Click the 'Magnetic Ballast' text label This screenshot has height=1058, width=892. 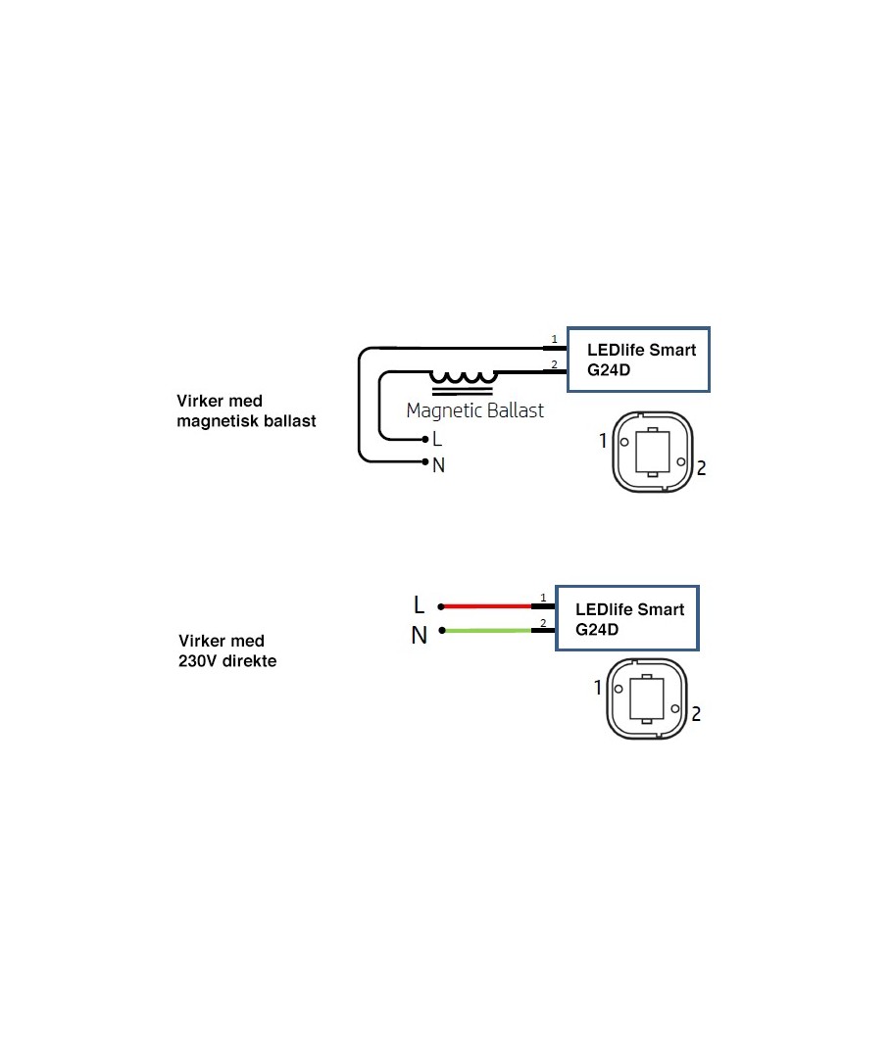click(x=474, y=410)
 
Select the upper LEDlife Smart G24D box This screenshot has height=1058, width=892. click(x=640, y=360)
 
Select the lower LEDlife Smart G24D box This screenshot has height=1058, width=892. click(x=626, y=618)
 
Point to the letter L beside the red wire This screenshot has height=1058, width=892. click(x=420, y=605)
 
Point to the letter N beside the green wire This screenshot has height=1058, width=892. click(x=420, y=636)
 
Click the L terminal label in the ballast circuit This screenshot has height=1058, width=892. click(x=437, y=440)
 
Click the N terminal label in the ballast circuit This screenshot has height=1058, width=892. click(x=438, y=465)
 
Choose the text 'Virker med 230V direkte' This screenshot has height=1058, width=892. click(x=226, y=651)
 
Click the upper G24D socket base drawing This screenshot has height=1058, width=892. click(x=652, y=453)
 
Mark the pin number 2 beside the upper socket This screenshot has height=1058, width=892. click(x=701, y=468)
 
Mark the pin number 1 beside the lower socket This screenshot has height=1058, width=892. click(x=598, y=688)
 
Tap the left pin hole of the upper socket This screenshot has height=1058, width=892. click(x=623, y=441)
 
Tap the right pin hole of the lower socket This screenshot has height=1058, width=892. click(x=674, y=707)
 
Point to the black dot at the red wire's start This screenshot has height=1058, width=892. click(x=441, y=606)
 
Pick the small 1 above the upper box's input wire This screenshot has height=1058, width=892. click(x=554, y=339)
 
